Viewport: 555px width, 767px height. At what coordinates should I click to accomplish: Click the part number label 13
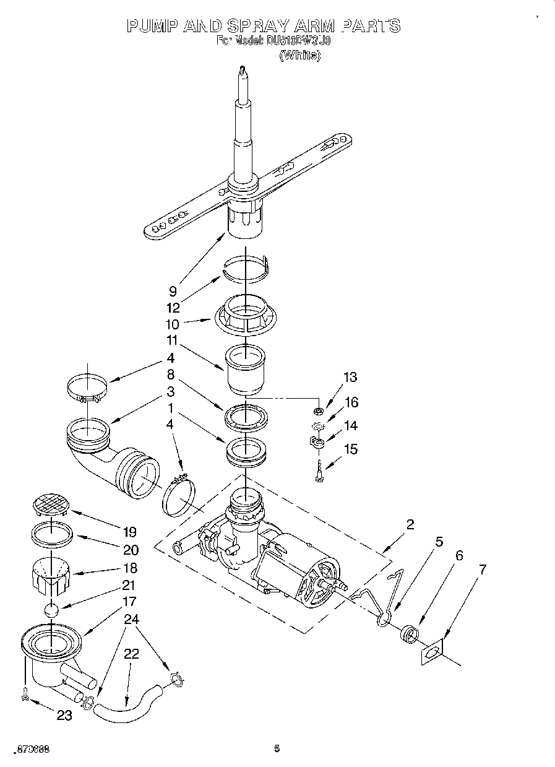click(350, 377)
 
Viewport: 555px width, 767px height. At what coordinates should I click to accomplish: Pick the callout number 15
click(350, 449)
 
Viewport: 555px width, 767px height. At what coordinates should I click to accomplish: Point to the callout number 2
click(410, 524)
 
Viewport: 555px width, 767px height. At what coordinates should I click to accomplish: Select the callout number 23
click(64, 715)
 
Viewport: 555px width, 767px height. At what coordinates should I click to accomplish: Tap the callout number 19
click(129, 531)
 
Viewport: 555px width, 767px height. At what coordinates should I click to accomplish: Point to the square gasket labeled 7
click(433, 652)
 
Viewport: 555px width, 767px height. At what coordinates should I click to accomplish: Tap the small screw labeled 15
click(319, 474)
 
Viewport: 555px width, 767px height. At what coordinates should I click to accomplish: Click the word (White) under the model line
click(300, 55)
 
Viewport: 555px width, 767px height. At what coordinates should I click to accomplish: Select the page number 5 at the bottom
click(277, 748)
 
